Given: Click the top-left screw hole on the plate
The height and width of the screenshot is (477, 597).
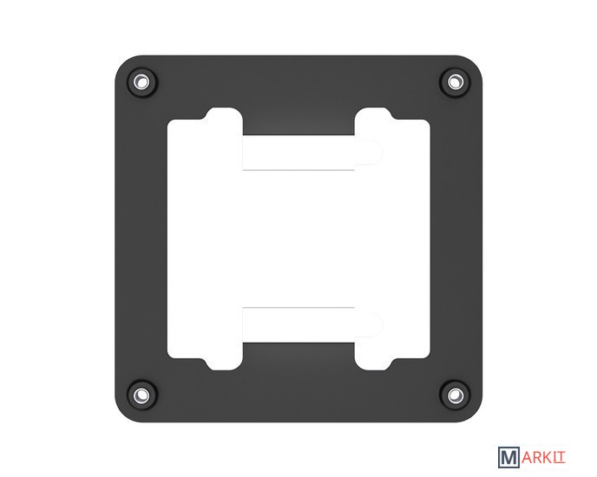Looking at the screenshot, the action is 141,82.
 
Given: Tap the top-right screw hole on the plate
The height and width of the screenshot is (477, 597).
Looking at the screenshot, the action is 453,82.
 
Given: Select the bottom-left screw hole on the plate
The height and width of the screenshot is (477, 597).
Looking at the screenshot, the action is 141,395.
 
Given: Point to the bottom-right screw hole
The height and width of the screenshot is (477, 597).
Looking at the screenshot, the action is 453,395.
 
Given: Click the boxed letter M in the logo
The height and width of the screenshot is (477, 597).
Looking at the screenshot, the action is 508,457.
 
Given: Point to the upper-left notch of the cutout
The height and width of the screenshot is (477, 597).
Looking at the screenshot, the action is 224,114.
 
